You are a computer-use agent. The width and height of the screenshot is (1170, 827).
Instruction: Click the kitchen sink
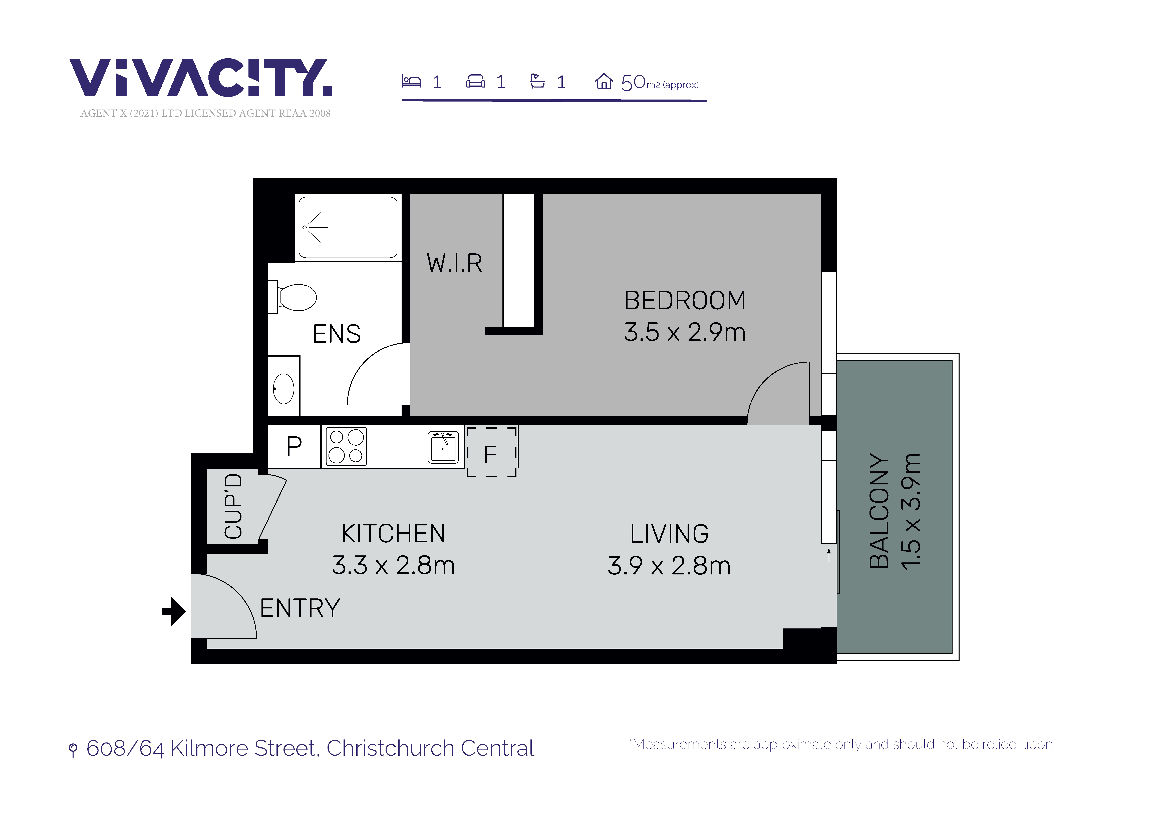[443, 447]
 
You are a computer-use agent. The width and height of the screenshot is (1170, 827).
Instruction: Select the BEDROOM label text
[685, 301]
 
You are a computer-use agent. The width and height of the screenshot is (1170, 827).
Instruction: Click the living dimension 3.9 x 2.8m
[669, 566]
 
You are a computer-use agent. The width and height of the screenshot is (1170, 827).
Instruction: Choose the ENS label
[337, 334]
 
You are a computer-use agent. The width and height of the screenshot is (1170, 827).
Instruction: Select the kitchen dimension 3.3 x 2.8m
[393, 565]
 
